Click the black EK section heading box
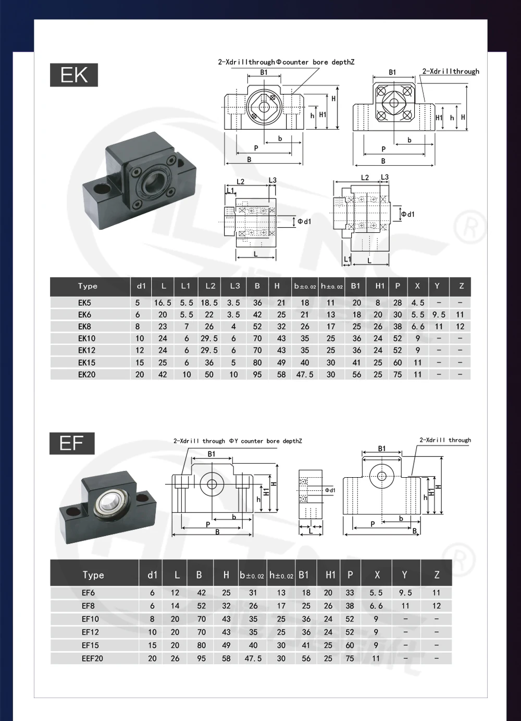(x=74, y=75)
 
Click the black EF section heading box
(x=72, y=443)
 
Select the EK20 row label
(x=87, y=375)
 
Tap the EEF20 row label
(x=92, y=658)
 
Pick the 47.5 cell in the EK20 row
(x=305, y=375)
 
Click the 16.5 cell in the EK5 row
(x=163, y=303)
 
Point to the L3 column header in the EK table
(x=235, y=286)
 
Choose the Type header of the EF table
(x=93, y=575)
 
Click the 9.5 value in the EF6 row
(x=405, y=593)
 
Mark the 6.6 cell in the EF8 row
(x=376, y=606)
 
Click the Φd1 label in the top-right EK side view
(x=407, y=214)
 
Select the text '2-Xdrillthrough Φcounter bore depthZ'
(x=286, y=62)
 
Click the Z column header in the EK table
(x=461, y=286)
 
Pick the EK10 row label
(x=87, y=339)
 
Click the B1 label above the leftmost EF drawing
(x=212, y=454)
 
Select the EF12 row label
(x=90, y=632)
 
